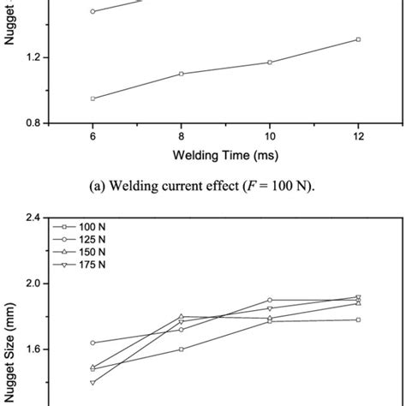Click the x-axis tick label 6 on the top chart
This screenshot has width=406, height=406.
coord(92,137)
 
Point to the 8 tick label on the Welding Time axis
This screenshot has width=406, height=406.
coord(181,137)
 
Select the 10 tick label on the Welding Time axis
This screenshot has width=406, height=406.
coord(269,137)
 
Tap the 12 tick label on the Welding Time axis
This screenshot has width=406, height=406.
coord(358,137)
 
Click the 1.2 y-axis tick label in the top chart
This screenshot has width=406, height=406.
coord(33,57)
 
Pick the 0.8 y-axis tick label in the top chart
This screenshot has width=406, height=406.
coord(33,123)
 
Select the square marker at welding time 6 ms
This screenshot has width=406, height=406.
coord(93,99)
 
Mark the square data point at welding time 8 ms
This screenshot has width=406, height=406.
coord(181,74)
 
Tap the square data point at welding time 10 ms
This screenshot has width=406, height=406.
coord(270,63)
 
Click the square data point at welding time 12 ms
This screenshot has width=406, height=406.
coord(358,39)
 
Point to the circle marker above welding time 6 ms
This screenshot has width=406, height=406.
coord(93,12)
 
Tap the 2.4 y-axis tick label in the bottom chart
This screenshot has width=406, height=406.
coord(33,218)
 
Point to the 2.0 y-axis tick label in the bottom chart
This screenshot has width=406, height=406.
coord(33,284)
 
